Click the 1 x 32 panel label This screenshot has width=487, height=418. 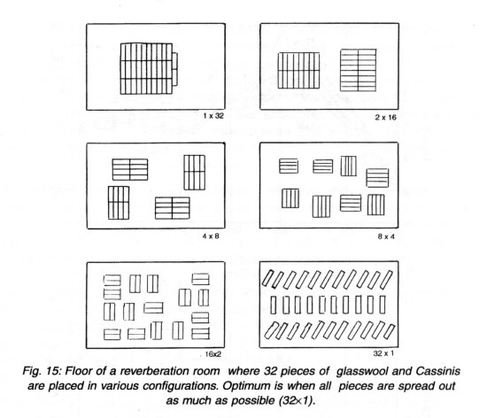(x=213, y=116)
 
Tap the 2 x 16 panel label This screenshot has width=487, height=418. (x=385, y=117)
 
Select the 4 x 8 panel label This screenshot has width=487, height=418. (x=211, y=236)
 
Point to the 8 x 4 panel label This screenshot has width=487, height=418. (x=386, y=236)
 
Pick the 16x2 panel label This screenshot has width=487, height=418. (x=213, y=354)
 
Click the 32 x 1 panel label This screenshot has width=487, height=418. (x=383, y=353)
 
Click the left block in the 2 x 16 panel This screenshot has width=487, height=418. (x=298, y=71)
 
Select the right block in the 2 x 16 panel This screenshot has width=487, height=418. (x=358, y=70)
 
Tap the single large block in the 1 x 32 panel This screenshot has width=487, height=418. (x=149, y=68)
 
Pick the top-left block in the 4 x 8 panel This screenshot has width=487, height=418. (x=130, y=169)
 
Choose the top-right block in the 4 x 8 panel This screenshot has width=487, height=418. (x=195, y=173)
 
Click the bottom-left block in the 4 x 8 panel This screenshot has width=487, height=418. (x=119, y=203)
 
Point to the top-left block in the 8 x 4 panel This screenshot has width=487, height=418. (x=289, y=166)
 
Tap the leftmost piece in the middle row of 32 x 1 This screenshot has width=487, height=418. (x=274, y=305)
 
